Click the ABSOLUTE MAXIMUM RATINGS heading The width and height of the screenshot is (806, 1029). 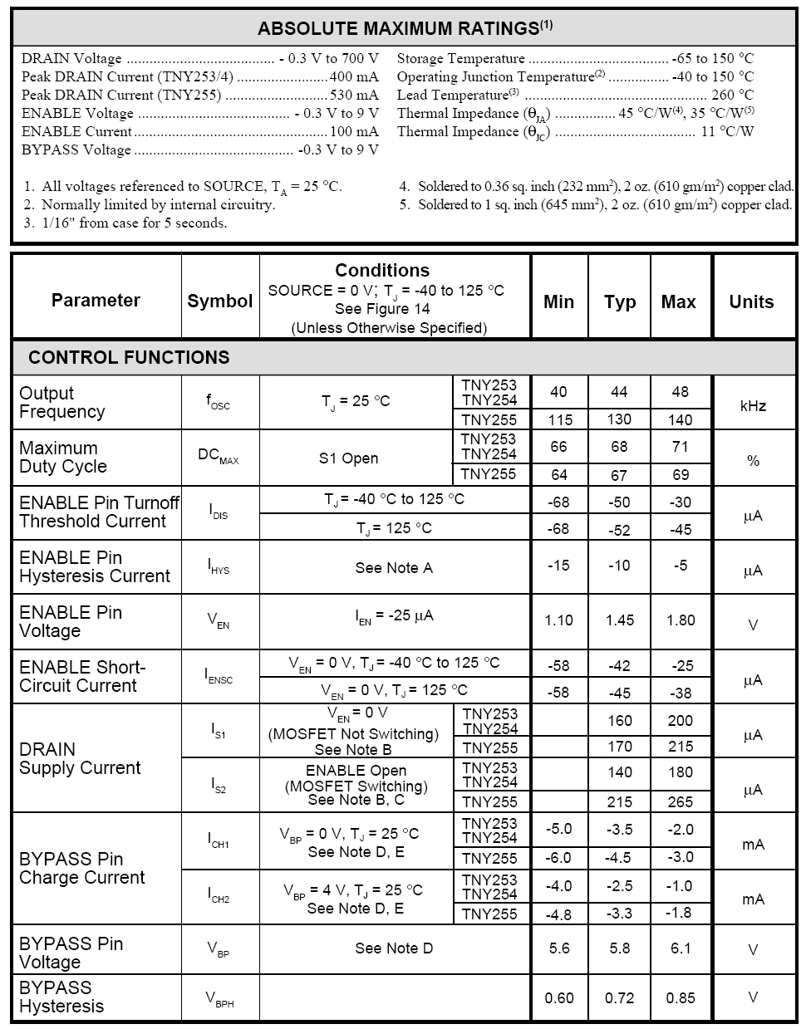405,28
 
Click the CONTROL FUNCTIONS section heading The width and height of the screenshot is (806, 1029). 129,357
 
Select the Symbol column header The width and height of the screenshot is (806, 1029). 220,301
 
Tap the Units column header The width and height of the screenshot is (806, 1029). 751,301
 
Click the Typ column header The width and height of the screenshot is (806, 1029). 620,301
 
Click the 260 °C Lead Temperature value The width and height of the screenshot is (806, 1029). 733,95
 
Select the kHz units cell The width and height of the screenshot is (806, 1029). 753,405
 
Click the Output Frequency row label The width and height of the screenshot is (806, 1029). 62,402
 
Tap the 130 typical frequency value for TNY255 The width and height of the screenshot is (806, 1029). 619,419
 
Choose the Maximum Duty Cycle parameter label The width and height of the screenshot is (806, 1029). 63,457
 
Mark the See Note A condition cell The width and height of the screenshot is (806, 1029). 394,568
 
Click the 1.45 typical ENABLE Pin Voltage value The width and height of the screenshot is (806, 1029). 620,620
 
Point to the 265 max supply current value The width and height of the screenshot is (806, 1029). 680,802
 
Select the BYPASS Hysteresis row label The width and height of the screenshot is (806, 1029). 61,997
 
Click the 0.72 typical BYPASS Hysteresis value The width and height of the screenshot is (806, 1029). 620,997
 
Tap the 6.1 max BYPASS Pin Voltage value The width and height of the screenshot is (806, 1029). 681,948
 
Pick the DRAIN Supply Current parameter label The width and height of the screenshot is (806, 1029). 80,758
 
